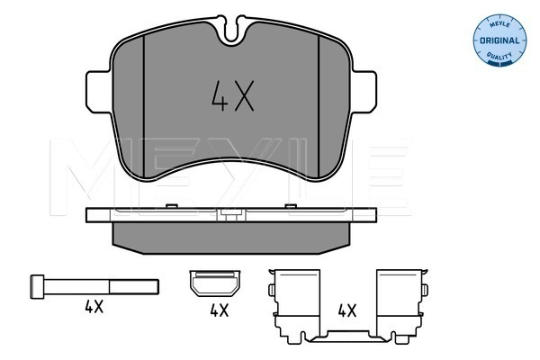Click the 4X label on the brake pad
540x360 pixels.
coord(232,95)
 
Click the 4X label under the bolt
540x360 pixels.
coord(94,306)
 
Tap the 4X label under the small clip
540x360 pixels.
coord(219,310)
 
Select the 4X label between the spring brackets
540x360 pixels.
coord(346,310)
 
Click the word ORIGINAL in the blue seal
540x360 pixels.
coord(499,40)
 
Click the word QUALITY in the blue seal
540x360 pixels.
coord(499,55)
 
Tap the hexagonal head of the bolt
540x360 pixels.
coord(37,286)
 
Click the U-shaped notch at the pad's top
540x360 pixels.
coord(231,31)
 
